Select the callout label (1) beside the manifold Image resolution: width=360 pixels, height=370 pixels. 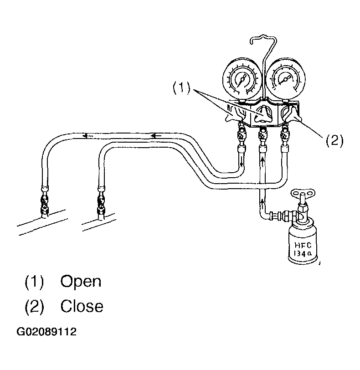pos(181,88)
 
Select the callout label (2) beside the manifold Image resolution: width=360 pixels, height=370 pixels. pos(334,141)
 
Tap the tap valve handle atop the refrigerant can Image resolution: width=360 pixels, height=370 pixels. pos(303,194)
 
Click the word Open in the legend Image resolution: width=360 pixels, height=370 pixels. pos(81,282)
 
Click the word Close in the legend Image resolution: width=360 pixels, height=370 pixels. pos(82,306)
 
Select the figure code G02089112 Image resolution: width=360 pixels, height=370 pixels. pos(46,332)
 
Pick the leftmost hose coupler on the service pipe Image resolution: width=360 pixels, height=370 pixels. pos(45,202)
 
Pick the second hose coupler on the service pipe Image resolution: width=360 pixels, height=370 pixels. pos(101,203)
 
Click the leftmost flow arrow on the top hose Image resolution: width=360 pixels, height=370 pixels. pos(87,136)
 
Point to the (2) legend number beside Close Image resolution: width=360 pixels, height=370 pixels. pos(35,306)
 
